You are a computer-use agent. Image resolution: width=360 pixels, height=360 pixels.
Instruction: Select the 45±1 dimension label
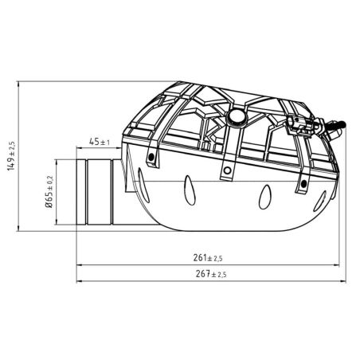click(x=99, y=143)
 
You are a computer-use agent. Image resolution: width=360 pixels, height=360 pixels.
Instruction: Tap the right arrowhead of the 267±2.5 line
click(x=342, y=280)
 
